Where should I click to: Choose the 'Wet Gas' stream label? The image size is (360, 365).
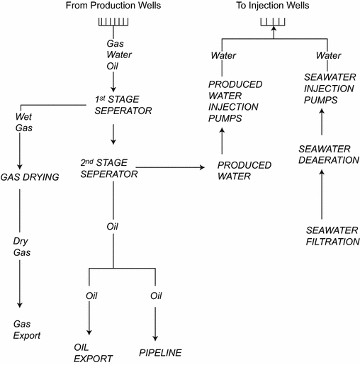tap(24, 123)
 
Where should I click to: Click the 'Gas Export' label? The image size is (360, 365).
tap(28, 330)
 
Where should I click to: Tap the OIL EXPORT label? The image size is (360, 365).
tap(94, 352)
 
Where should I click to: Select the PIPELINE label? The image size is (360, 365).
tap(161, 352)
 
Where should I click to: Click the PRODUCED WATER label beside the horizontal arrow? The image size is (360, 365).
tap(244, 170)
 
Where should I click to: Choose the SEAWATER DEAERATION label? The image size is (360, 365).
tap(325, 154)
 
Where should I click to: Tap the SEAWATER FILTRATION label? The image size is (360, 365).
tap(333, 236)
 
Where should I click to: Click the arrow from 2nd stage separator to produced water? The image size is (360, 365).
tap(173, 167)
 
